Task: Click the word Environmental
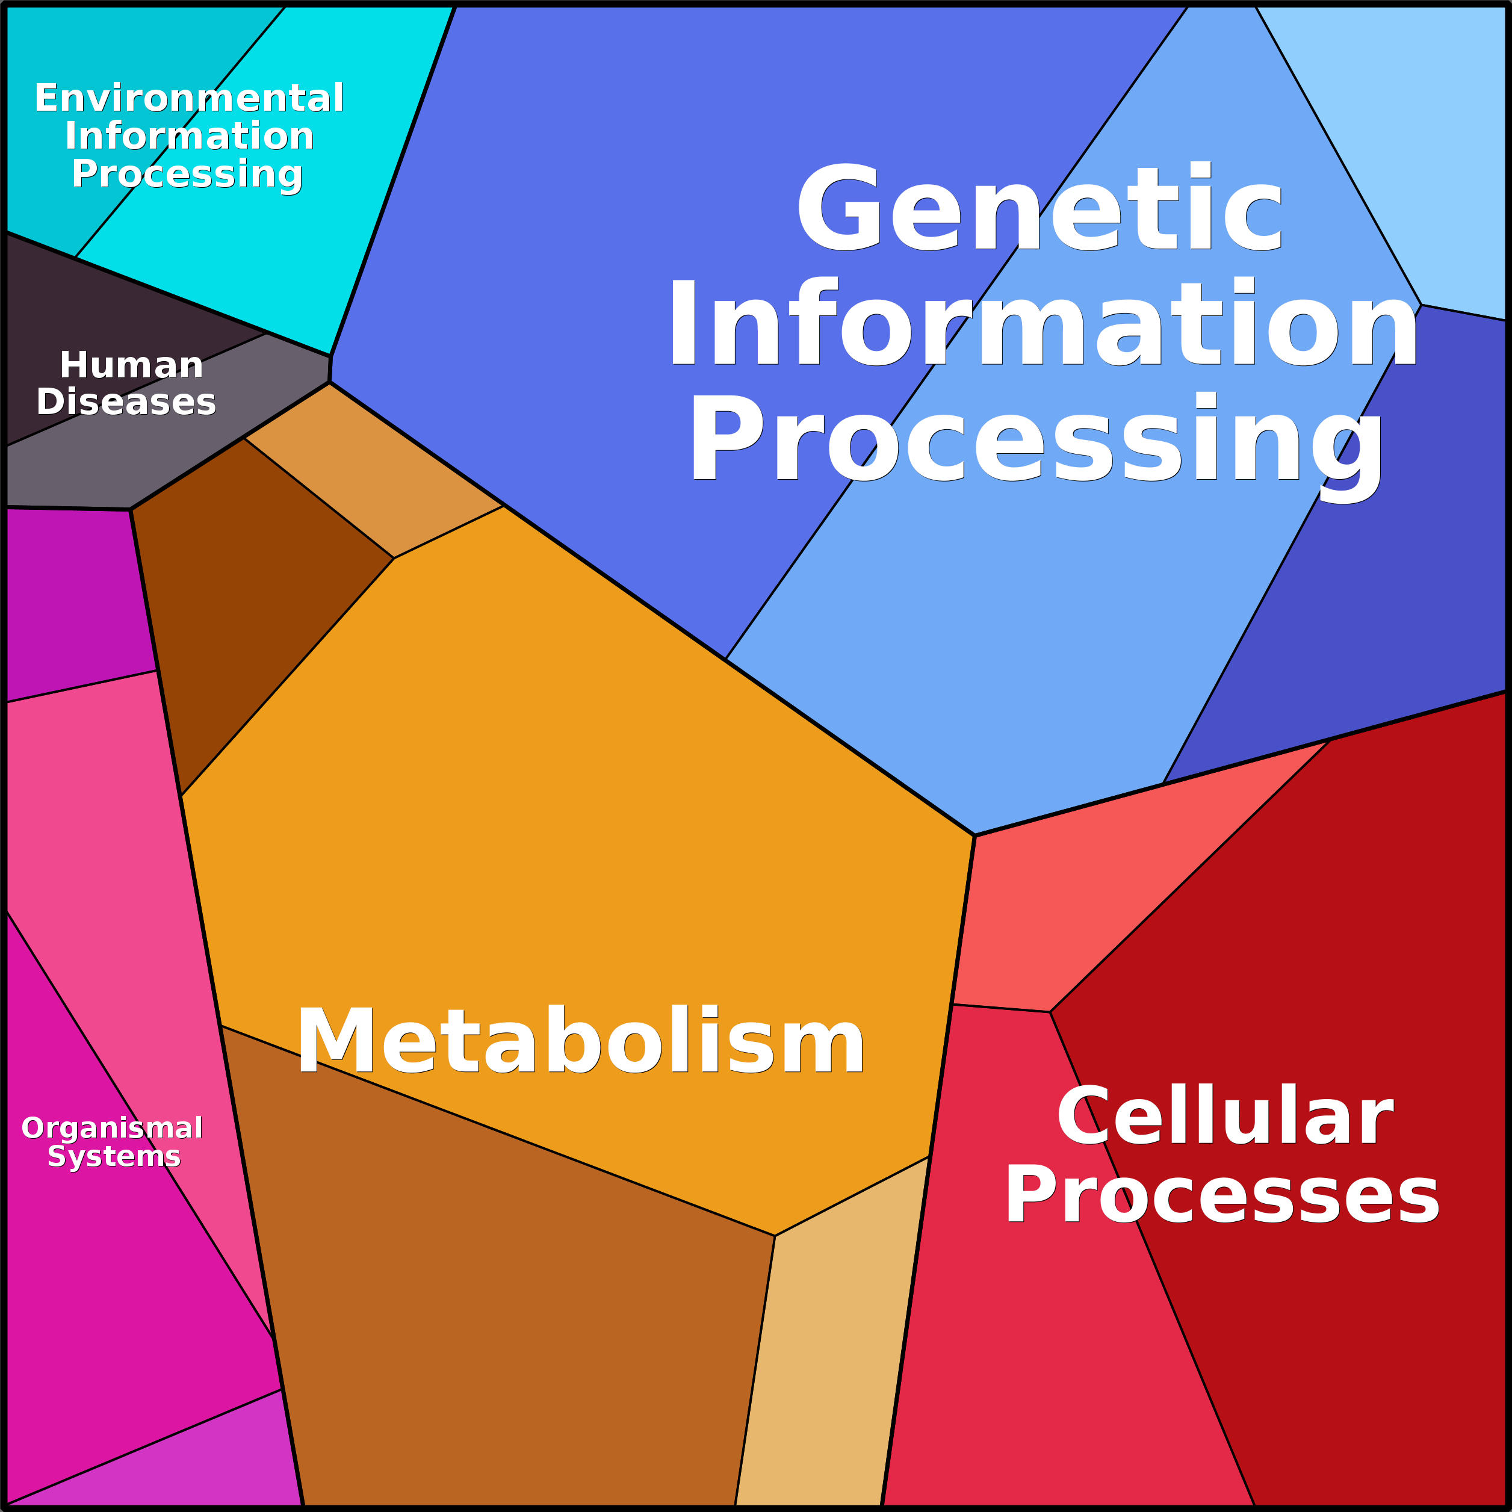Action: [188, 99]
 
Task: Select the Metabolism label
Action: [580, 1042]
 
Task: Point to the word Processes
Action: [1222, 1195]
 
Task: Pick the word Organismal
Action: [112, 1128]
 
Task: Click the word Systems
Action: [114, 1156]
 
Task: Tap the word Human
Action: [131, 365]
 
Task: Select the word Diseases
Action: [126, 402]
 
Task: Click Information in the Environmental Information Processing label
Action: [190, 136]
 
